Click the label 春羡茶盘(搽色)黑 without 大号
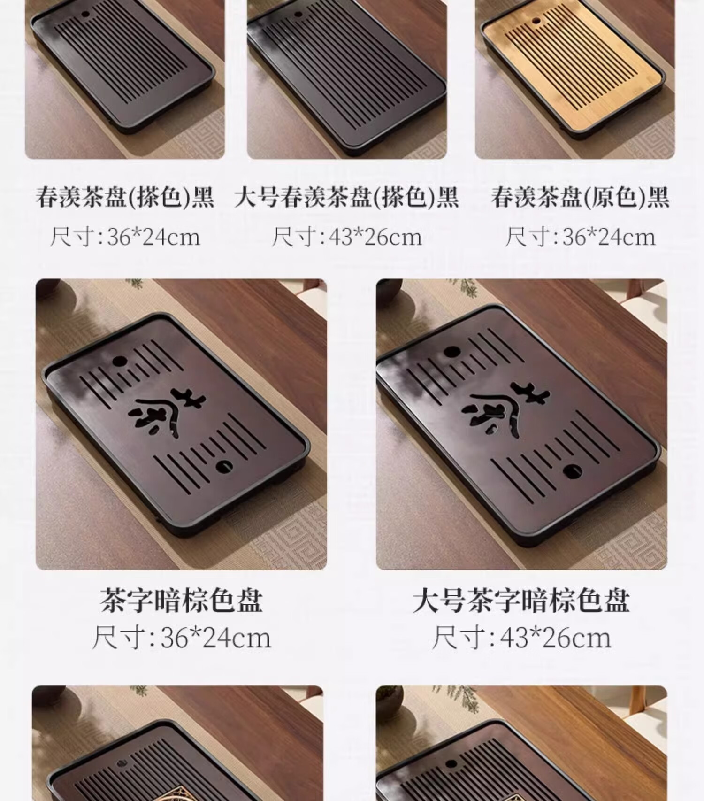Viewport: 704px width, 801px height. point(125,197)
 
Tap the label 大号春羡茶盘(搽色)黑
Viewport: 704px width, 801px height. point(346,197)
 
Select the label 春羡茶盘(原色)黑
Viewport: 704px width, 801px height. point(580,197)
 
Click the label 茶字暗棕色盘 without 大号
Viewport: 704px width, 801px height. point(181,601)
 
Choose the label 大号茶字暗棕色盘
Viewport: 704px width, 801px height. point(521,601)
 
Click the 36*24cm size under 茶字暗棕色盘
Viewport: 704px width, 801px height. point(181,638)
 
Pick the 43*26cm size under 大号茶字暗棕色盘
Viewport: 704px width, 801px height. point(521,638)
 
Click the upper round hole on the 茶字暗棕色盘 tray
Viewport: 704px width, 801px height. point(119,362)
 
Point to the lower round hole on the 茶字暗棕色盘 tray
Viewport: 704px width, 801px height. point(224,466)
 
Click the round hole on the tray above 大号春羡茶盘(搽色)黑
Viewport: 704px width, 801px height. point(298,15)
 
